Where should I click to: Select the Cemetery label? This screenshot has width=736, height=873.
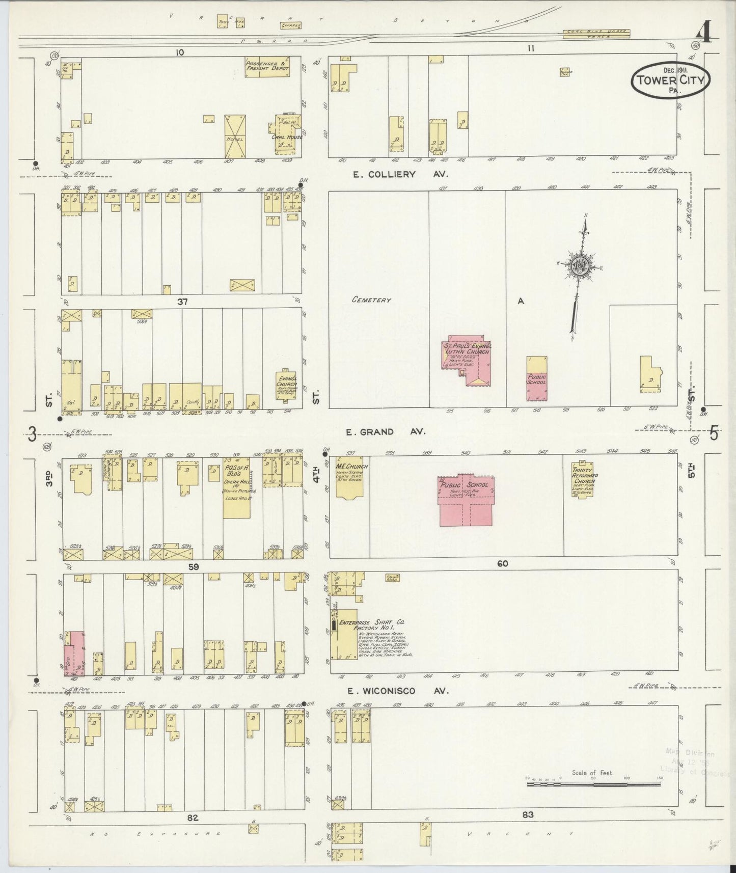pyautogui.click(x=371, y=300)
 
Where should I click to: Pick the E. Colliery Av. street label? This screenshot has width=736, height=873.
pyautogui.click(x=400, y=174)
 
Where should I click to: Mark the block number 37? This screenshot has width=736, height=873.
pyautogui.click(x=182, y=302)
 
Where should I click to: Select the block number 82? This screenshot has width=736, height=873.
pyautogui.click(x=192, y=818)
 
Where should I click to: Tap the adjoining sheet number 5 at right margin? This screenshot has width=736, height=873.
pyautogui.click(x=714, y=433)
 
